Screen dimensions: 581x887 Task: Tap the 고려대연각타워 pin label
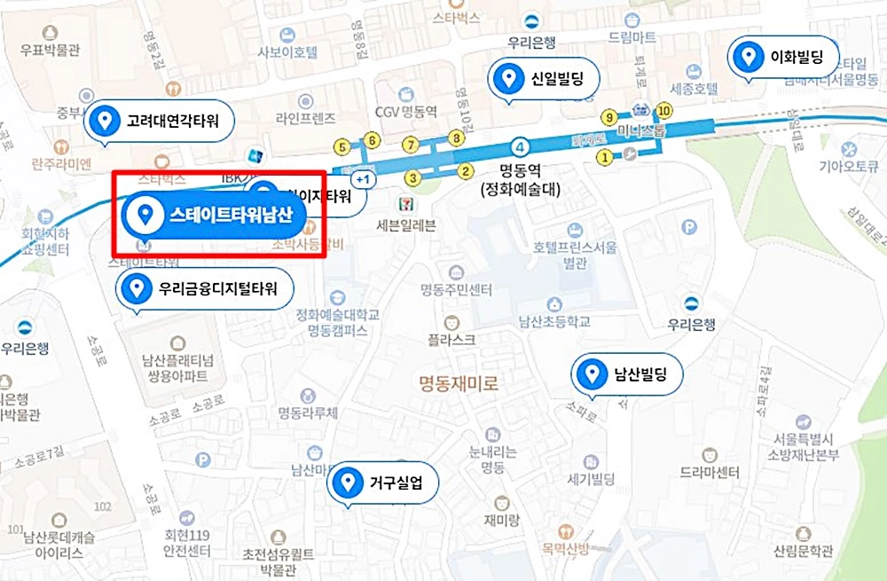tap(159, 120)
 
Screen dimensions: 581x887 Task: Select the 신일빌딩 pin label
tap(545, 79)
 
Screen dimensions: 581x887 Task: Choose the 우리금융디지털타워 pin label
tap(205, 287)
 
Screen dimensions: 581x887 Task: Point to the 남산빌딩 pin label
tap(628, 373)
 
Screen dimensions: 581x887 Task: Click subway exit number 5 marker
tap(341, 147)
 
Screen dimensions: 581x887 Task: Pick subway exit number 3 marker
tap(411, 178)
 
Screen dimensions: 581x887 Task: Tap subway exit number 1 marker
tap(604, 158)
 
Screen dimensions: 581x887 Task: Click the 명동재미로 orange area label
tap(459, 383)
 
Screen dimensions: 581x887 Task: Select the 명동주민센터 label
tap(457, 290)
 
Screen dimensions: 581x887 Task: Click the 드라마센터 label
tap(709, 472)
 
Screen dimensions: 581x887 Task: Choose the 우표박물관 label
tap(50, 50)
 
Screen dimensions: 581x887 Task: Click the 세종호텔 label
tap(693, 89)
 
